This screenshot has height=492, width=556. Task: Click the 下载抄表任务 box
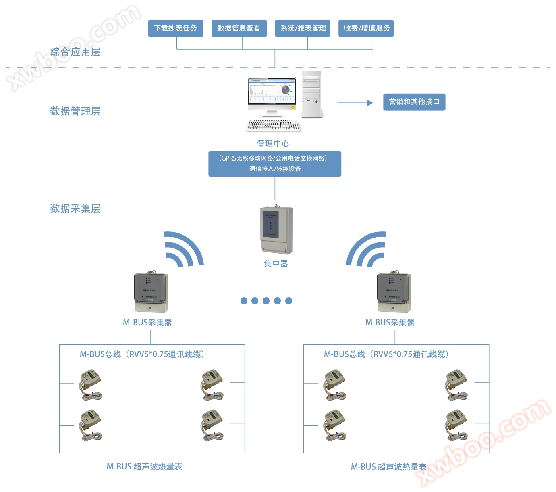click(x=175, y=28)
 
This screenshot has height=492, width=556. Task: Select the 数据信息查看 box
click(x=239, y=28)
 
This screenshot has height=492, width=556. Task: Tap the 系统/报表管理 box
click(x=302, y=28)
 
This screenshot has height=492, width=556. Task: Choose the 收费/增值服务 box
click(x=366, y=28)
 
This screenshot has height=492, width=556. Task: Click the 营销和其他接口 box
click(x=414, y=102)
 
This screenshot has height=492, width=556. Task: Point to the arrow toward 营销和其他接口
click(x=355, y=103)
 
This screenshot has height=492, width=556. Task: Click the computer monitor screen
click(x=272, y=92)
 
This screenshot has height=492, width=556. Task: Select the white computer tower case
click(x=312, y=95)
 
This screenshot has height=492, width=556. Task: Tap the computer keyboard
click(x=274, y=125)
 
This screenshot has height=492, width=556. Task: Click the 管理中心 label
click(x=273, y=144)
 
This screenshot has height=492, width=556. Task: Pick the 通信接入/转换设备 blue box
click(x=274, y=164)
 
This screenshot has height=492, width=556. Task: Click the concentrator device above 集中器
click(x=276, y=230)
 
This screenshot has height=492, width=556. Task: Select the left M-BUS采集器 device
click(x=151, y=293)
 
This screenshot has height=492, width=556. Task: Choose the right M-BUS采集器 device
click(x=394, y=293)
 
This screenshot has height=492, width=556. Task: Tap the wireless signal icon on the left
click(x=183, y=250)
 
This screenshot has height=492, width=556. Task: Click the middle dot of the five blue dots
click(x=266, y=300)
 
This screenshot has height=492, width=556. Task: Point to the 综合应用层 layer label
click(x=75, y=52)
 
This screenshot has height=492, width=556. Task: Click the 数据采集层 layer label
click(x=75, y=208)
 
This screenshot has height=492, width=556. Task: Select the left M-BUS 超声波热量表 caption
click(x=144, y=467)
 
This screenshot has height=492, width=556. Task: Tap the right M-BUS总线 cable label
click(x=386, y=354)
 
